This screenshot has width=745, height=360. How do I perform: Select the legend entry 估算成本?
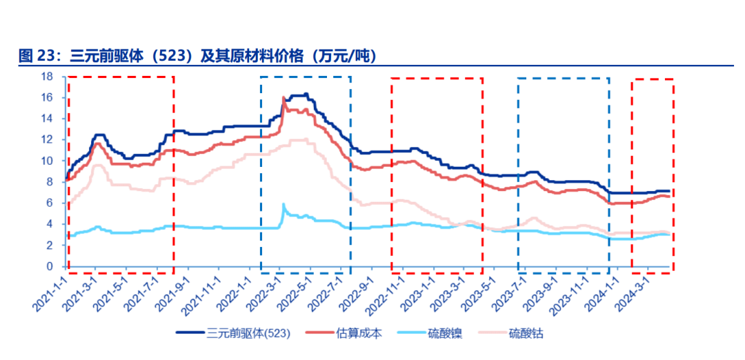(x=359, y=334)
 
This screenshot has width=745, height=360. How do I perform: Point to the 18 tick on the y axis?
(x=48, y=77)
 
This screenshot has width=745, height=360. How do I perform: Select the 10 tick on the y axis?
(x=48, y=161)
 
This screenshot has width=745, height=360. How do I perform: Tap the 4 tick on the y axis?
(x=50, y=224)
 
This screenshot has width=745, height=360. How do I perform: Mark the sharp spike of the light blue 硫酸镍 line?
(x=284, y=204)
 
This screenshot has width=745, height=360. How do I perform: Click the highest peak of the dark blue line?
(x=306, y=94)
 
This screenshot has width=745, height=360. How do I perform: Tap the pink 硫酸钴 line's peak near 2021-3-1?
(x=97, y=165)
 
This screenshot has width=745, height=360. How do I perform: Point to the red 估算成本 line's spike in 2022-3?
(x=284, y=98)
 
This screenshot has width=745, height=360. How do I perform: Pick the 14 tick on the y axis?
(x=48, y=119)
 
